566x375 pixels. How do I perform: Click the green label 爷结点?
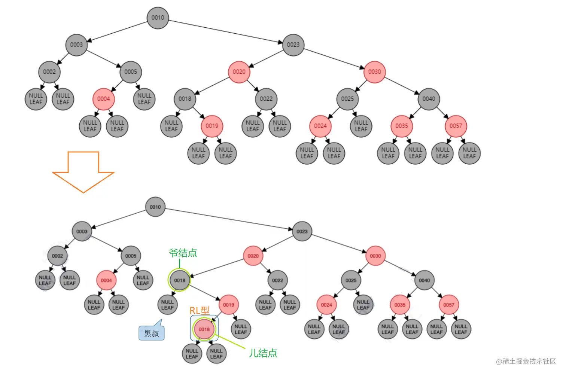point(183,253)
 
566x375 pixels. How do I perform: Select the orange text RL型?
point(199,311)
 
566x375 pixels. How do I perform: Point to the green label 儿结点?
point(263,353)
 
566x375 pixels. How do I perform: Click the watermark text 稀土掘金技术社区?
point(529,361)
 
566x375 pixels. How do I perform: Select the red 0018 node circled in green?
point(204,329)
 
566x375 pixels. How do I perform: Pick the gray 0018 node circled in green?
point(180,280)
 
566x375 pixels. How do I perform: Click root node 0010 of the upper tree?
point(158,18)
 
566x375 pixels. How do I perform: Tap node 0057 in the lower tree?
point(448,305)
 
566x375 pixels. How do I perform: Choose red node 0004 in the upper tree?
point(103,99)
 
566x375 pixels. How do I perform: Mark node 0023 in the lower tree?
point(302,231)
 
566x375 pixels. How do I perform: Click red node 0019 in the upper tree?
point(212,126)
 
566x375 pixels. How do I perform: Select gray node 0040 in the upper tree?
point(429,99)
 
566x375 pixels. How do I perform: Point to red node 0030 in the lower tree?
point(375,256)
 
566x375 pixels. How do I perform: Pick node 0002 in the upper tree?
point(49,72)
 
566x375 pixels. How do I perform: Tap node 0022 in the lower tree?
point(277,280)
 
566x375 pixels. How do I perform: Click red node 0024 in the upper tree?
point(320,126)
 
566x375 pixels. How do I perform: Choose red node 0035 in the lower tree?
point(400,305)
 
